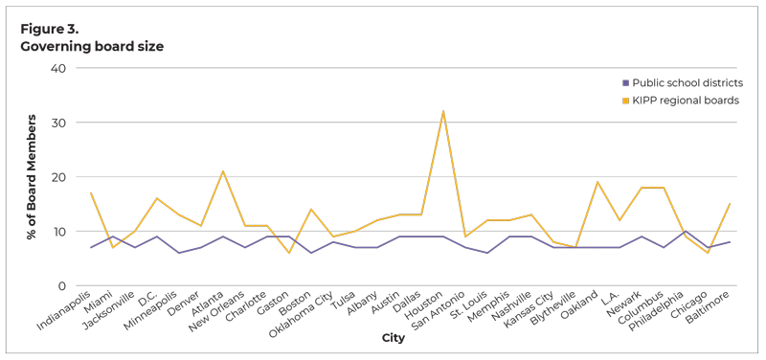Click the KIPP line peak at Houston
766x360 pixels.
443,111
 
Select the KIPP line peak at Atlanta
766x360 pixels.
223,171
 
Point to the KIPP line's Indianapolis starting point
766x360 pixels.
91,193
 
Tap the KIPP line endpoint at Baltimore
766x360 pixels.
729,204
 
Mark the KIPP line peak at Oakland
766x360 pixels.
597,182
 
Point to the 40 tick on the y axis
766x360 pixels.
58,69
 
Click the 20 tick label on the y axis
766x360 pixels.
58,177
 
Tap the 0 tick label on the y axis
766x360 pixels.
61,286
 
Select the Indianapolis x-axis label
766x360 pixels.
65,318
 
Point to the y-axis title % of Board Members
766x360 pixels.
32,176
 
